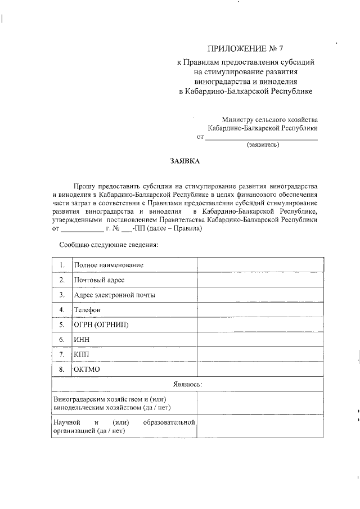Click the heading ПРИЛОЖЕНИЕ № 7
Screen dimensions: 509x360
click(245, 50)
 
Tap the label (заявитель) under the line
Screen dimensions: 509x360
click(263, 145)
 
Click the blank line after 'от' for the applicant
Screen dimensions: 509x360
click(262, 136)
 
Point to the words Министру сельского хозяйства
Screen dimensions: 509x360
click(270, 119)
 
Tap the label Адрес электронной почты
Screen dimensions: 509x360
click(114, 295)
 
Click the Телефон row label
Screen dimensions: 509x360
click(87, 310)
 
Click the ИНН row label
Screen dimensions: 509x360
click(82, 340)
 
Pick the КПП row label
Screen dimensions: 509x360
click(82, 355)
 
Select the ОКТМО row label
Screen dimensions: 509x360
click(86, 370)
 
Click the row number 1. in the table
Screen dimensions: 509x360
click(61, 264)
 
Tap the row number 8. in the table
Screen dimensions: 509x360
click(61, 370)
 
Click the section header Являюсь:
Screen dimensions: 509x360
click(187, 384)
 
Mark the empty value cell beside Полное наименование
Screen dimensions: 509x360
click(260, 264)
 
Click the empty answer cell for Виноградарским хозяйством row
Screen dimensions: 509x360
click(260, 403)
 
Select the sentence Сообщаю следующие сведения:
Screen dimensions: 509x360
click(109, 245)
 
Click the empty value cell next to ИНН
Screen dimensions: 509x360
click(260, 340)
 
